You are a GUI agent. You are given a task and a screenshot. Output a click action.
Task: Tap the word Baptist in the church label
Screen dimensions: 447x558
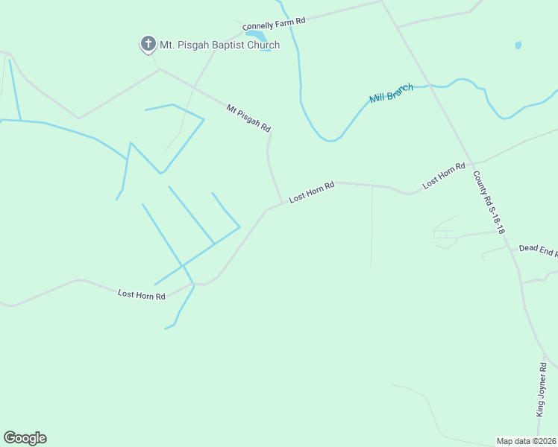[x=233, y=45]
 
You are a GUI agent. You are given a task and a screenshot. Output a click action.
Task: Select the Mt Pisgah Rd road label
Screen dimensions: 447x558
[x=248, y=118]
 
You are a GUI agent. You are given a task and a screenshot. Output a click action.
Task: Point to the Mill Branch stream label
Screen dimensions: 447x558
[x=392, y=93]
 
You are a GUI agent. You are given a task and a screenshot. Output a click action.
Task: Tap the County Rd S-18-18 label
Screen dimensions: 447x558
[x=489, y=203]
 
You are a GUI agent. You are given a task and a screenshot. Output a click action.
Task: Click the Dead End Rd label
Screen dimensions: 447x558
[x=538, y=250]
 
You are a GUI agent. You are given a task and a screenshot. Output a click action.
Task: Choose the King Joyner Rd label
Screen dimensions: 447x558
[x=543, y=388]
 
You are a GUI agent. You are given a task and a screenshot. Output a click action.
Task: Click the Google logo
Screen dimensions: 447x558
[x=25, y=438]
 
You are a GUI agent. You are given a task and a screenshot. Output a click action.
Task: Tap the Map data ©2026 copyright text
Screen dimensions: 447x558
[x=527, y=440]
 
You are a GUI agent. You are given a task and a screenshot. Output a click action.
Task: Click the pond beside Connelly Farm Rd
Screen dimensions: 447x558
[x=255, y=35]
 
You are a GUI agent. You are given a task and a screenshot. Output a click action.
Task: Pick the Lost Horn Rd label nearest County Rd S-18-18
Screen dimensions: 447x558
[x=444, y=175]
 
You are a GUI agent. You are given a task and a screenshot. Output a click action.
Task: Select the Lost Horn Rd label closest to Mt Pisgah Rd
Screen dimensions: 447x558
[x=311, y=191]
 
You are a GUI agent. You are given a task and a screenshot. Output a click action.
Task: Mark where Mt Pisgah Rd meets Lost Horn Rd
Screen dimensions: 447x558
[x=282, y=203]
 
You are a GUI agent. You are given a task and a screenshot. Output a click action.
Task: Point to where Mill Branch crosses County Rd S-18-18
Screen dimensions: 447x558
[x=428, y=86]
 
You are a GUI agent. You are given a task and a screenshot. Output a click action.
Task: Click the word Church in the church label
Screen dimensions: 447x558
[x=265, y=45]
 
